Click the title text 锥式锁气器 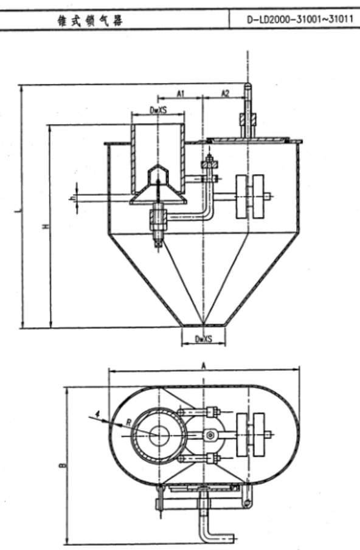click(90, 21)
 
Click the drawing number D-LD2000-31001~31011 click(300, 19)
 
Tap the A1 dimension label click(181, 94)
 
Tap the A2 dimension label click(225, 93)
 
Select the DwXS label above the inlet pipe click(158, 110)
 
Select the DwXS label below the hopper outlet click(204, 339)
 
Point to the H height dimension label click(46, 226)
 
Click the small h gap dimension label click(73, 199)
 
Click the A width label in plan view click(203, 366)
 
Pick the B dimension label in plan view click(62, 465)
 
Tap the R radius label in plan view click(128, 422)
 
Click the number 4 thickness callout click(98, 414)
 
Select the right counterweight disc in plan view click(258, 435)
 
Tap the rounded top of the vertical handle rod click(247, 86)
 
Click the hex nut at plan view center click(210, 435)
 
